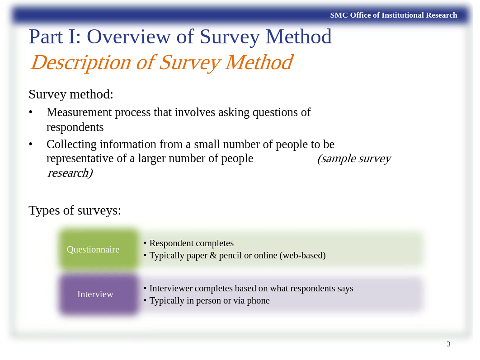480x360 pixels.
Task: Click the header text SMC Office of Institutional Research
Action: coord(393,15)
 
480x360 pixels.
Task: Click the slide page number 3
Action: coord(448,344)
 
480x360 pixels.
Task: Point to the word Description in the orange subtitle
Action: coord(80,62)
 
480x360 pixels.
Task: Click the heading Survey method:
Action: coord(71,94)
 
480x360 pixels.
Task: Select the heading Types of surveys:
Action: coord(75,210)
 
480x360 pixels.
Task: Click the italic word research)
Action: coord(70,173)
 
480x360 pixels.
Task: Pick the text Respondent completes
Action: coord(191,243)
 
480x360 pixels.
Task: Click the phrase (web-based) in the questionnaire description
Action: coord(302,256)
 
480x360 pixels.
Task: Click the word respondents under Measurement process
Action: coord(75,127)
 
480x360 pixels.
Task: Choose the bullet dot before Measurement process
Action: coord(31,112)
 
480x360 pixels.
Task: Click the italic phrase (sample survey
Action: coord(353,159)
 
